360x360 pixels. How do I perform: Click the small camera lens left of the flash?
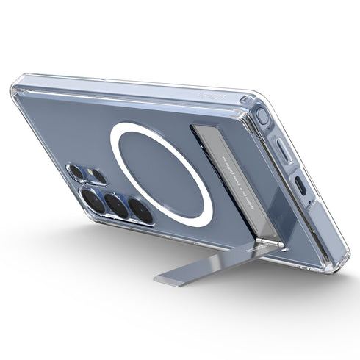[76, 172]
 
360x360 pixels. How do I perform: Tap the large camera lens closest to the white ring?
[140, 211]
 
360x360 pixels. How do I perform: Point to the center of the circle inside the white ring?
[161, 173]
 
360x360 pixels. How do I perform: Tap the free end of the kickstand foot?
[165, 278]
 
